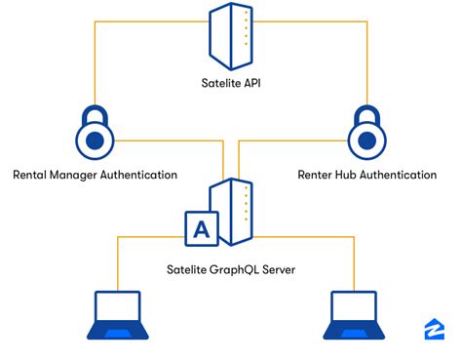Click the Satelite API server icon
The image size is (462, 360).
click(231, 36)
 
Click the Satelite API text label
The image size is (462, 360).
click(231, 85)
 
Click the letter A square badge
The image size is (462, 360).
click(202, 230)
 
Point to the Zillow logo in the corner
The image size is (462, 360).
click(435, 330)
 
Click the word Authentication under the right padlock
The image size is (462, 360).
click(402, 176)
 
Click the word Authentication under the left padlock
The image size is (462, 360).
click(142, 176)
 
